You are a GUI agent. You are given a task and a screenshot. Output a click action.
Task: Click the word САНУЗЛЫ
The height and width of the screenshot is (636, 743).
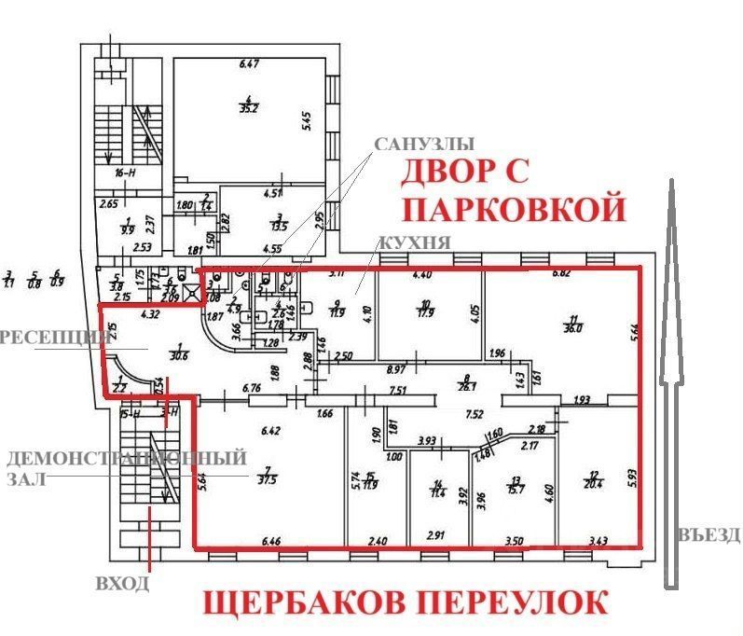click(x=424, y=145)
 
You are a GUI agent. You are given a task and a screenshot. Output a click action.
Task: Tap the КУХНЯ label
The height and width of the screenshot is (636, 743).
click(x=415, y=242)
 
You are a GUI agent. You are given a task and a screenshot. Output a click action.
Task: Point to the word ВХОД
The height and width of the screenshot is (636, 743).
click(x=123, y=584)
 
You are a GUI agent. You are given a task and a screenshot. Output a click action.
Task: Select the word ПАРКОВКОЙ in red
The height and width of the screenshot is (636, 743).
click(x=513, y=206)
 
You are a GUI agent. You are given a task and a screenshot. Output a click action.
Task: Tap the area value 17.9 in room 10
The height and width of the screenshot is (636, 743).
click(x=428, y=313)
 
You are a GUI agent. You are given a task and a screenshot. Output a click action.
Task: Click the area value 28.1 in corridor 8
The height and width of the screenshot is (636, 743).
click(x=461, y=390)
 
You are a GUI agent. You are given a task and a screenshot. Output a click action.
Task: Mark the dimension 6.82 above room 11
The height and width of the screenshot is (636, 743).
click(x=562, y=273)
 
